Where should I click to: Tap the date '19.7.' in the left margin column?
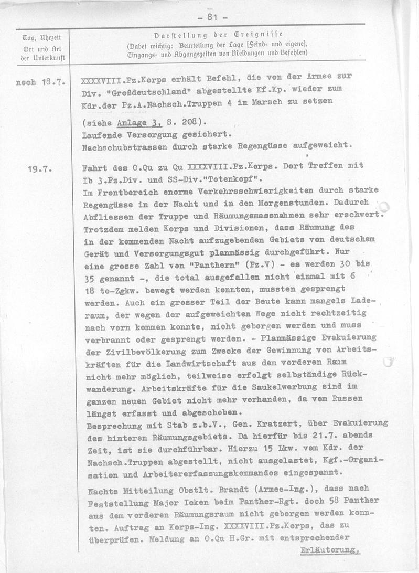tap(44, 169)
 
